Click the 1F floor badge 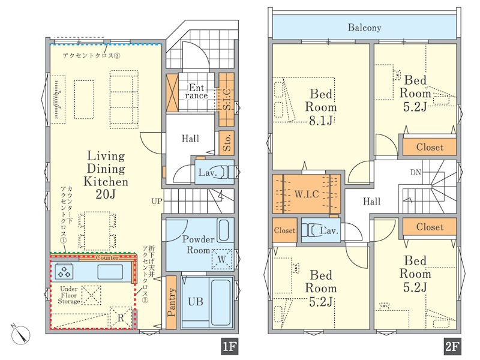tap(230, 347)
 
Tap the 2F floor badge tap(452, 347)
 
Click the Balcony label tap(364, 28)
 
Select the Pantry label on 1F tap(172, 302)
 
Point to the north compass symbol tap(20, 335)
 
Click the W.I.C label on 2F tap(307, 194)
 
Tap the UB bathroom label tap(196, 302)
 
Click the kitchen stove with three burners tap(65, 272)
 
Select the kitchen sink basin tap(110, 272)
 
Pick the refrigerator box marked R tap(121, 317)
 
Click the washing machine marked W tap(221, 259)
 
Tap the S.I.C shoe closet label tap(227, 99)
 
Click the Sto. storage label tap(227, 143)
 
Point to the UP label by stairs tap(157, 201)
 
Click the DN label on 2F tap(416, 172)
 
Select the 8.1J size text tap(320, 121)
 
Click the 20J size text tap(106, 194)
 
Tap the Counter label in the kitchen tap(107, 258)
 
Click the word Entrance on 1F tap(196, 92)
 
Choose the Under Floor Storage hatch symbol tap(91, 295)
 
